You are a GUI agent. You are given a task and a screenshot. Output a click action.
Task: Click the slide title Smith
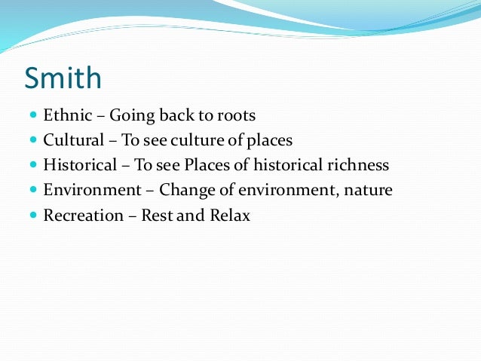tap(63, 78)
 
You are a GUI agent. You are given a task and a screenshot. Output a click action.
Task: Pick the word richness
tap(360, 165)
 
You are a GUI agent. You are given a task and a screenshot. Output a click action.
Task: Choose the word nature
tap(369, 190)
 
